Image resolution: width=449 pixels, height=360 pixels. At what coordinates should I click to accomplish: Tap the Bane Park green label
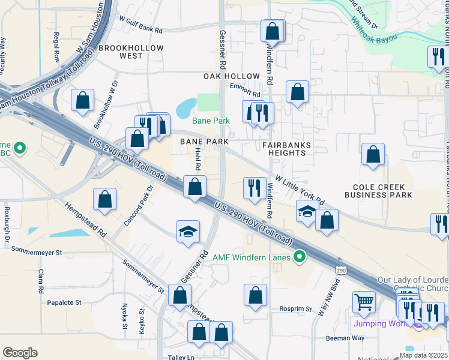pos(211,121)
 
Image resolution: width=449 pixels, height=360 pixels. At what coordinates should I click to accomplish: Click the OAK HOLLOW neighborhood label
pos(232,76)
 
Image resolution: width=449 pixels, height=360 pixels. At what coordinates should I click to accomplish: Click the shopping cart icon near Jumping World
pos(364,302)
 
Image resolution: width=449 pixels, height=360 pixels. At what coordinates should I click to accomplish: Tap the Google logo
pos(20,353)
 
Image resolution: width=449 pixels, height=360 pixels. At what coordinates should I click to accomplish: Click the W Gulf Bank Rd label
pos(141,25)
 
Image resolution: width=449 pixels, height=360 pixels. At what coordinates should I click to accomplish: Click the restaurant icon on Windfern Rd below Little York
pos(255,188)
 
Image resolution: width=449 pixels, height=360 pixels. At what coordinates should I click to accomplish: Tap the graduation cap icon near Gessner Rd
pos(188,232)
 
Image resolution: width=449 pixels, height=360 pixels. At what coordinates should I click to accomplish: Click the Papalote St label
pos(64,302)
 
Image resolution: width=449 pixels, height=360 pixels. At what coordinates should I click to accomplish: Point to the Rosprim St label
pos(295,310)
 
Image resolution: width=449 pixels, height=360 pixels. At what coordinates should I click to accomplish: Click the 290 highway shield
pos(341,271)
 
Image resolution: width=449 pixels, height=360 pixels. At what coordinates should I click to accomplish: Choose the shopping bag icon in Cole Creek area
pos(373,154)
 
